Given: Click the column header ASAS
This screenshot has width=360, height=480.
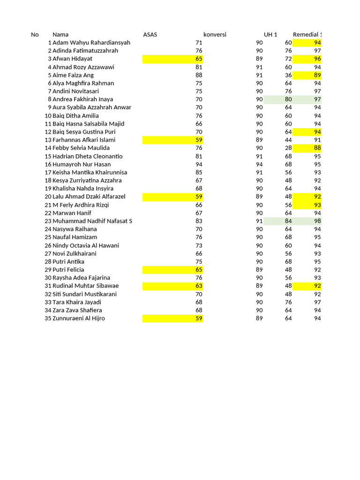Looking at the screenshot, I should pos(150,34).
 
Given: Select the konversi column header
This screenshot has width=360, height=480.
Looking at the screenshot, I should pos(215,34).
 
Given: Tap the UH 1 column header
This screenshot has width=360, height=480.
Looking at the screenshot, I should pos(270,34).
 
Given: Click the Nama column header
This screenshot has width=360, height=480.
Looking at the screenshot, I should pos(60,34).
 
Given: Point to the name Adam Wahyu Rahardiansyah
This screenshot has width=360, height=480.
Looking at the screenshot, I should pos(91,43).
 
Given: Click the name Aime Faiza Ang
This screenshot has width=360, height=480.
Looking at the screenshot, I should pos(73,75).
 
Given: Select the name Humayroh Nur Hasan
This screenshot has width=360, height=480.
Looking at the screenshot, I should pos(82,164).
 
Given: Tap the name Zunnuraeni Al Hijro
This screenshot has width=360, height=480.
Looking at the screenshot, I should pos(79,318).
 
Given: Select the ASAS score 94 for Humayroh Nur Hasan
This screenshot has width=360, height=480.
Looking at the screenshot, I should pos(199,164).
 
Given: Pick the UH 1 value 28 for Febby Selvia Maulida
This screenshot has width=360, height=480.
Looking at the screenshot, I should pos(288,148).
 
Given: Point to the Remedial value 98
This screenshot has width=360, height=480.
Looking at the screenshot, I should pos(317,221).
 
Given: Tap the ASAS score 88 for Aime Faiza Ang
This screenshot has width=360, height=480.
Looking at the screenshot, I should pos(199,75).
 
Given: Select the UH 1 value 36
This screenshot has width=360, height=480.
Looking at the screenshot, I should pos(288,75).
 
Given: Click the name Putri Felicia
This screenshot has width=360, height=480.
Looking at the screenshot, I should pos(68,270).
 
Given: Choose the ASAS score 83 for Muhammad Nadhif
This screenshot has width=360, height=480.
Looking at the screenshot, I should pos(199,221).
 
